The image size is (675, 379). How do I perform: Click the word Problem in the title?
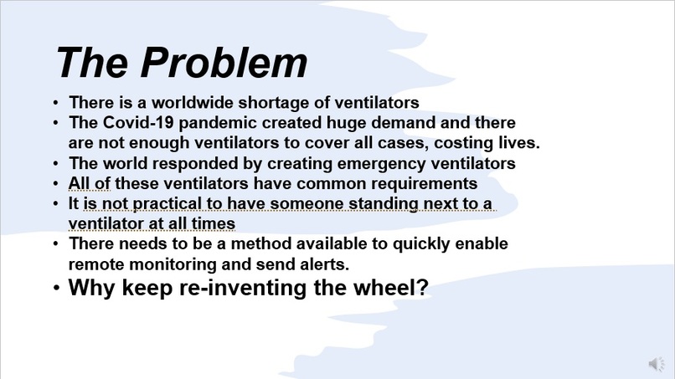tap(224, 64)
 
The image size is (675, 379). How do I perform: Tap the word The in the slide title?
tap(91, 64)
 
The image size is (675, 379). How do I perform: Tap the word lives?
tap(518, 143)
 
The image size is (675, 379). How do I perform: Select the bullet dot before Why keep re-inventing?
tap(56, 289)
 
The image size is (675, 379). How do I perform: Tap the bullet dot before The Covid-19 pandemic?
tap(56, 124)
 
